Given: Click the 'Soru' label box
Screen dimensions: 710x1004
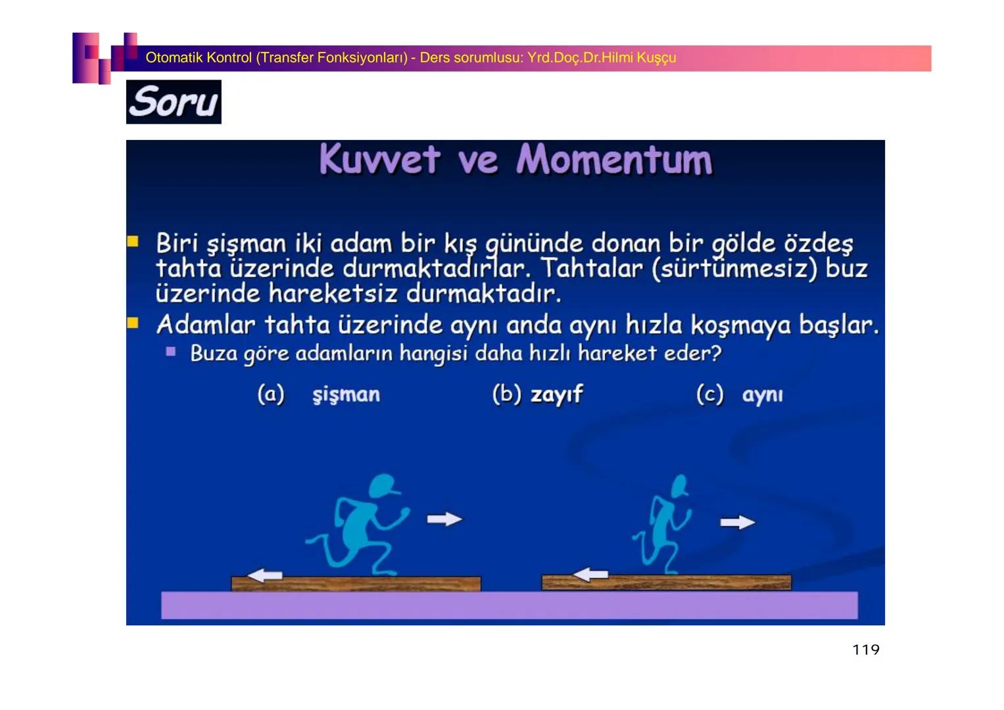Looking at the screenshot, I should (174, 102).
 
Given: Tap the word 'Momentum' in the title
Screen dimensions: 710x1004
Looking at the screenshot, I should (614, 160).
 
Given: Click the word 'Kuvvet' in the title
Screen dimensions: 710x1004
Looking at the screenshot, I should (380, 160).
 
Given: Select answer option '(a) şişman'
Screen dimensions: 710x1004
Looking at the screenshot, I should (319, 394).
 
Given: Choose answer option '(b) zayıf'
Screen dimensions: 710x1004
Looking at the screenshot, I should (537, 394).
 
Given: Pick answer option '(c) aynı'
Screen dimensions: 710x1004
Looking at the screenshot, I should (740, 394).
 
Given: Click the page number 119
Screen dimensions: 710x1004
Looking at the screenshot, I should (865, 650).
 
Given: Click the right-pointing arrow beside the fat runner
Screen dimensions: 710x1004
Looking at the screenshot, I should (444, 519).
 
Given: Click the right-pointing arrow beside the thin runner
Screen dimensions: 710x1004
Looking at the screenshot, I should (737, 523).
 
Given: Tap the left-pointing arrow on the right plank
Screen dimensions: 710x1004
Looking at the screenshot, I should (590, 574).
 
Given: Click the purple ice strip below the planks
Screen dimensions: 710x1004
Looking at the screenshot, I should (509, 605).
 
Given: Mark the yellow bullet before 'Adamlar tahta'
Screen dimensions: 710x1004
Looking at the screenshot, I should (133, 323).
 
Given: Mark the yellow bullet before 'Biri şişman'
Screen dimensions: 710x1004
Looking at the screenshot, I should (133, 241).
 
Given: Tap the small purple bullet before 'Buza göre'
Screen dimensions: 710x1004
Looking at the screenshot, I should (171, 352).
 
